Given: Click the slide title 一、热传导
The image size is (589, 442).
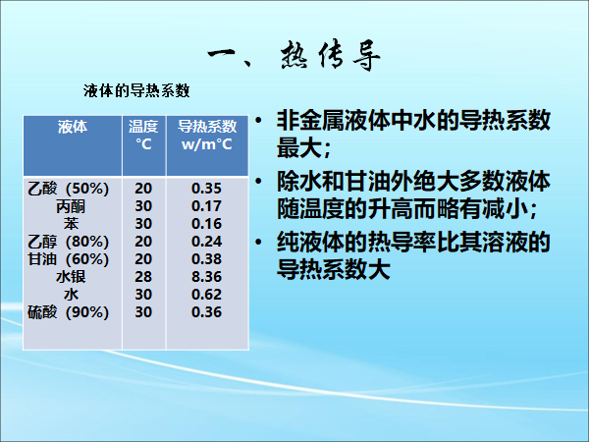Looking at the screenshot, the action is (x=294, y=56).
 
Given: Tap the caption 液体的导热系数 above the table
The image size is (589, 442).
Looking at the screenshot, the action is (x=136, y=91).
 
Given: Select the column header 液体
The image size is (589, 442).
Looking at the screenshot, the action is (x=73, y=127).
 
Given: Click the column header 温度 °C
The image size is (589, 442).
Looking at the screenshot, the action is (x=143, y=136).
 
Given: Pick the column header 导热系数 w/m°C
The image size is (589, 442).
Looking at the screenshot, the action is (x=207, y=136).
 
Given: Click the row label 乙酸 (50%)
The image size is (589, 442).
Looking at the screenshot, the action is (x=68, y=189).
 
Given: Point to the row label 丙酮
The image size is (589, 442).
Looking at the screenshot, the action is (x=71, y=206).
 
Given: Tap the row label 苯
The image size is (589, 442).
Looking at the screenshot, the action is (x=71, y=224).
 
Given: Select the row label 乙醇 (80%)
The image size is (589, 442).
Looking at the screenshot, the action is (x=68, y=242).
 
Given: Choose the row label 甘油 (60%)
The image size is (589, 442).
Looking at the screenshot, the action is (x=68, y=259).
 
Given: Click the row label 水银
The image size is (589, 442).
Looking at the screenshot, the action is (x=71, y=277).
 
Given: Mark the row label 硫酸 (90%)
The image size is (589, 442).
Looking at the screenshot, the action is (x=68, y=312).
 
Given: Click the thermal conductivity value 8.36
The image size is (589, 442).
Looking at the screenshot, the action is (x=206, y=277).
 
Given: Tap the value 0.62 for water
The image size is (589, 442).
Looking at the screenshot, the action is (x=206, y=295).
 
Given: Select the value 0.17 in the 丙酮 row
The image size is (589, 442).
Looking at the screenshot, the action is (x=206, y=206).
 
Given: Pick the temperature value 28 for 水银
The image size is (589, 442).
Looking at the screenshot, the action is (x=143, y=277).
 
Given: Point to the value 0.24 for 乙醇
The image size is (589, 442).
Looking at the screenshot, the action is (x=206, y=242).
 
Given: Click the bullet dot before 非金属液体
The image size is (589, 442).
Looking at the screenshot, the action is (x=258, y=121).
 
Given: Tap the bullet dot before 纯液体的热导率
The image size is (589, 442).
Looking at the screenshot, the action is (x=258, y=242).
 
